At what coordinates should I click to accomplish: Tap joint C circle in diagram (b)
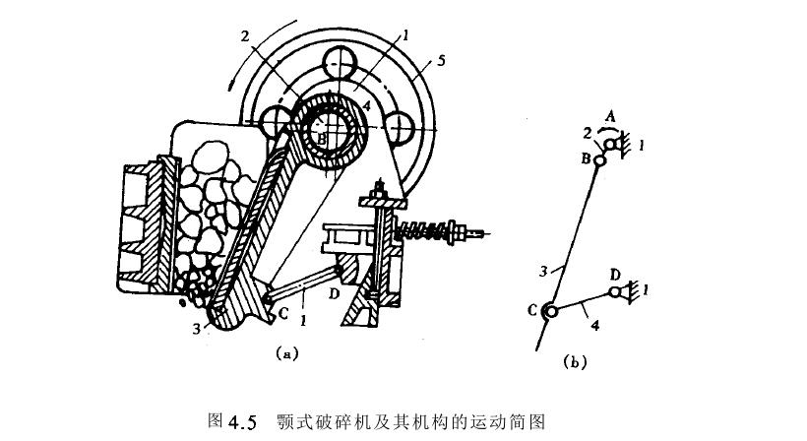coord(550,312)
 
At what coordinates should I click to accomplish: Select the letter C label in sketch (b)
coord(533,311)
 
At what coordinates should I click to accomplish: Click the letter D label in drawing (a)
coord(337,294)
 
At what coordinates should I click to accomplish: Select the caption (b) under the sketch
coord(575,362)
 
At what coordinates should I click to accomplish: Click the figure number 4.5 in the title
coord(241,421)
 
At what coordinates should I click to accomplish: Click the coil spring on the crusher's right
coord(424,232)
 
